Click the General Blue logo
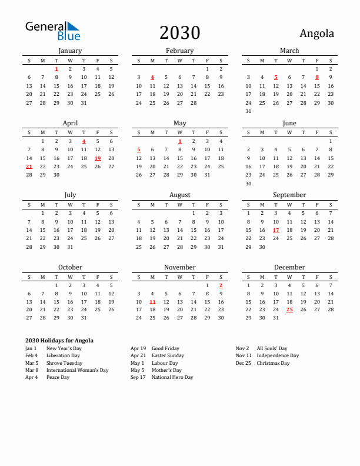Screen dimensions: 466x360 pyautogui.click(x=52, y=31)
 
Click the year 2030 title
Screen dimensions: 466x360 pyautogui.click(x=180, y=33)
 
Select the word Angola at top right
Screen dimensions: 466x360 pyautogui.click(x=316, y=34)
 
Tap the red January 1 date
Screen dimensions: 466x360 pyautogui.click(x=56, y=69)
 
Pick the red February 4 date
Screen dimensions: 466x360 pyautogui.click(x=152, y=77)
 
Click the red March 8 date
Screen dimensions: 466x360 pyautogui.click(x=317, y=77)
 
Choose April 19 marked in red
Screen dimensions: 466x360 pyautogui.click(x=98, y=158)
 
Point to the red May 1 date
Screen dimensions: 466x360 pyautogui.click(x=180, y=141)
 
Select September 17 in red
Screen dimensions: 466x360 pyautogui.click(x=276, y=230)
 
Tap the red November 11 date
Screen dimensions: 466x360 pyautogui.click(x=152, y=301)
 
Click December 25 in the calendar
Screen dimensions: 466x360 pyautogui.click(x=289, y=309)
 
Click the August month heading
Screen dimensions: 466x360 pyautogui.click(x=180, y=195)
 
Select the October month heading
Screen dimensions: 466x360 pyautogui.click(x=70, y=267)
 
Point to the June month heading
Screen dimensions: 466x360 pyautogui.click(x=289, y=123)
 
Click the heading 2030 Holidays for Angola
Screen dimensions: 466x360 pyautogui.click(x=59, y=341)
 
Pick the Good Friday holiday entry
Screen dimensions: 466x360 pyautogui.click(x=165, y=348)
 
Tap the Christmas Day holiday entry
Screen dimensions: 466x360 pyautogui.click(x=273, y=363)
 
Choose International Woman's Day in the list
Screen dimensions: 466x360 pyautogui.click(x=77, y=370)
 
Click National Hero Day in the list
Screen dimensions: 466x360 pyautogui.click(x=172, y=378)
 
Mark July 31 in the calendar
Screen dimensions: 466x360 pyautogui.click(x=70, y=247)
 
